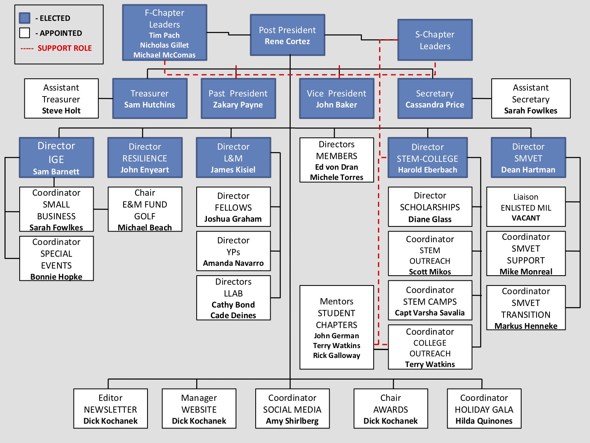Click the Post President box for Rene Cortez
coord(288,35)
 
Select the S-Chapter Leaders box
coord(435,40)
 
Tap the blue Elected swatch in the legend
coord(25,18)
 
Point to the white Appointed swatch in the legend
coord(25,33)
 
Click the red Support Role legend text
coord(65,48)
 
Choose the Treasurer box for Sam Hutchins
coord(150,98)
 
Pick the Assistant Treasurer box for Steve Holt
coord(61,98)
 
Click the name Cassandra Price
coord(435,105)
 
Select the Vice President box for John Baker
coord(336,98)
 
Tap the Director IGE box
coord(56,158)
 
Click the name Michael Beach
coord(145,228)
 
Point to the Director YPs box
coord(233,251)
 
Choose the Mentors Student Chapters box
coord(337,327)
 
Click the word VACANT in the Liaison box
coord(526,218)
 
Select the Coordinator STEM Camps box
coord(430,300)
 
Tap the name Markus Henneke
coord(526,326)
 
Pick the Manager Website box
coord(199,409)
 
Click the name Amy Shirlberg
coord(292,421)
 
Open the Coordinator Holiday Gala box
coord(484,409)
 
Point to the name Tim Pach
coord(164,35)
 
